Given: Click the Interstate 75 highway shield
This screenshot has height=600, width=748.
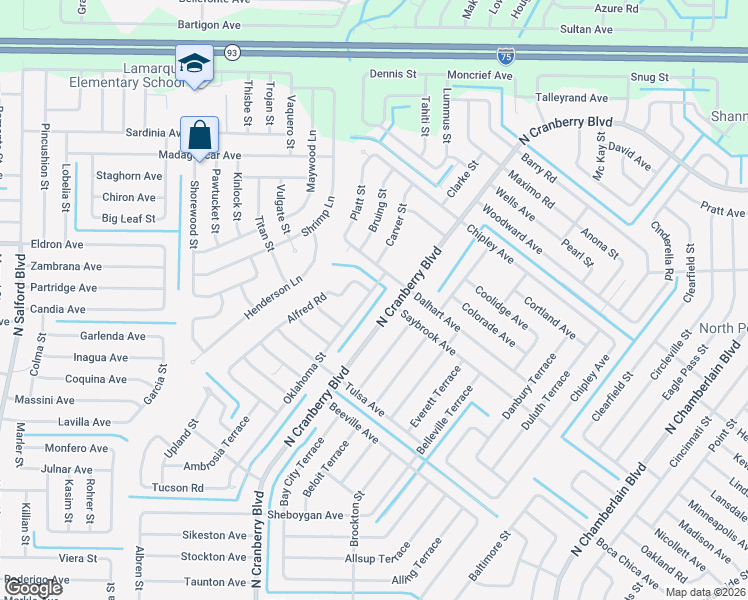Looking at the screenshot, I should (x=507, y=56).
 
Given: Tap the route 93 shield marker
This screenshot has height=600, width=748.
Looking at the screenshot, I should (x=231, y=52).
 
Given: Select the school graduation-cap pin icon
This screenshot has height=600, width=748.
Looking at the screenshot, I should (x=193, y=63).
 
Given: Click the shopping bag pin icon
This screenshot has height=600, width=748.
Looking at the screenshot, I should (x=199, y=134).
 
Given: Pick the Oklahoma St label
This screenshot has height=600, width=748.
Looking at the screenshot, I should (x=304, y=379).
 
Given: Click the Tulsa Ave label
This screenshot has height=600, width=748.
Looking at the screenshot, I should (x=366, y=403).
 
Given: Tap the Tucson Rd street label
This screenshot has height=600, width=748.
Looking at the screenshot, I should (x=177, y=488).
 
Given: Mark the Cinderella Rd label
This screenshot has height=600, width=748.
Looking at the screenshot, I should (x=665, y=251).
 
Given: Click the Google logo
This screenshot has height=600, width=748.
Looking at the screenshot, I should (x=32, y=588).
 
